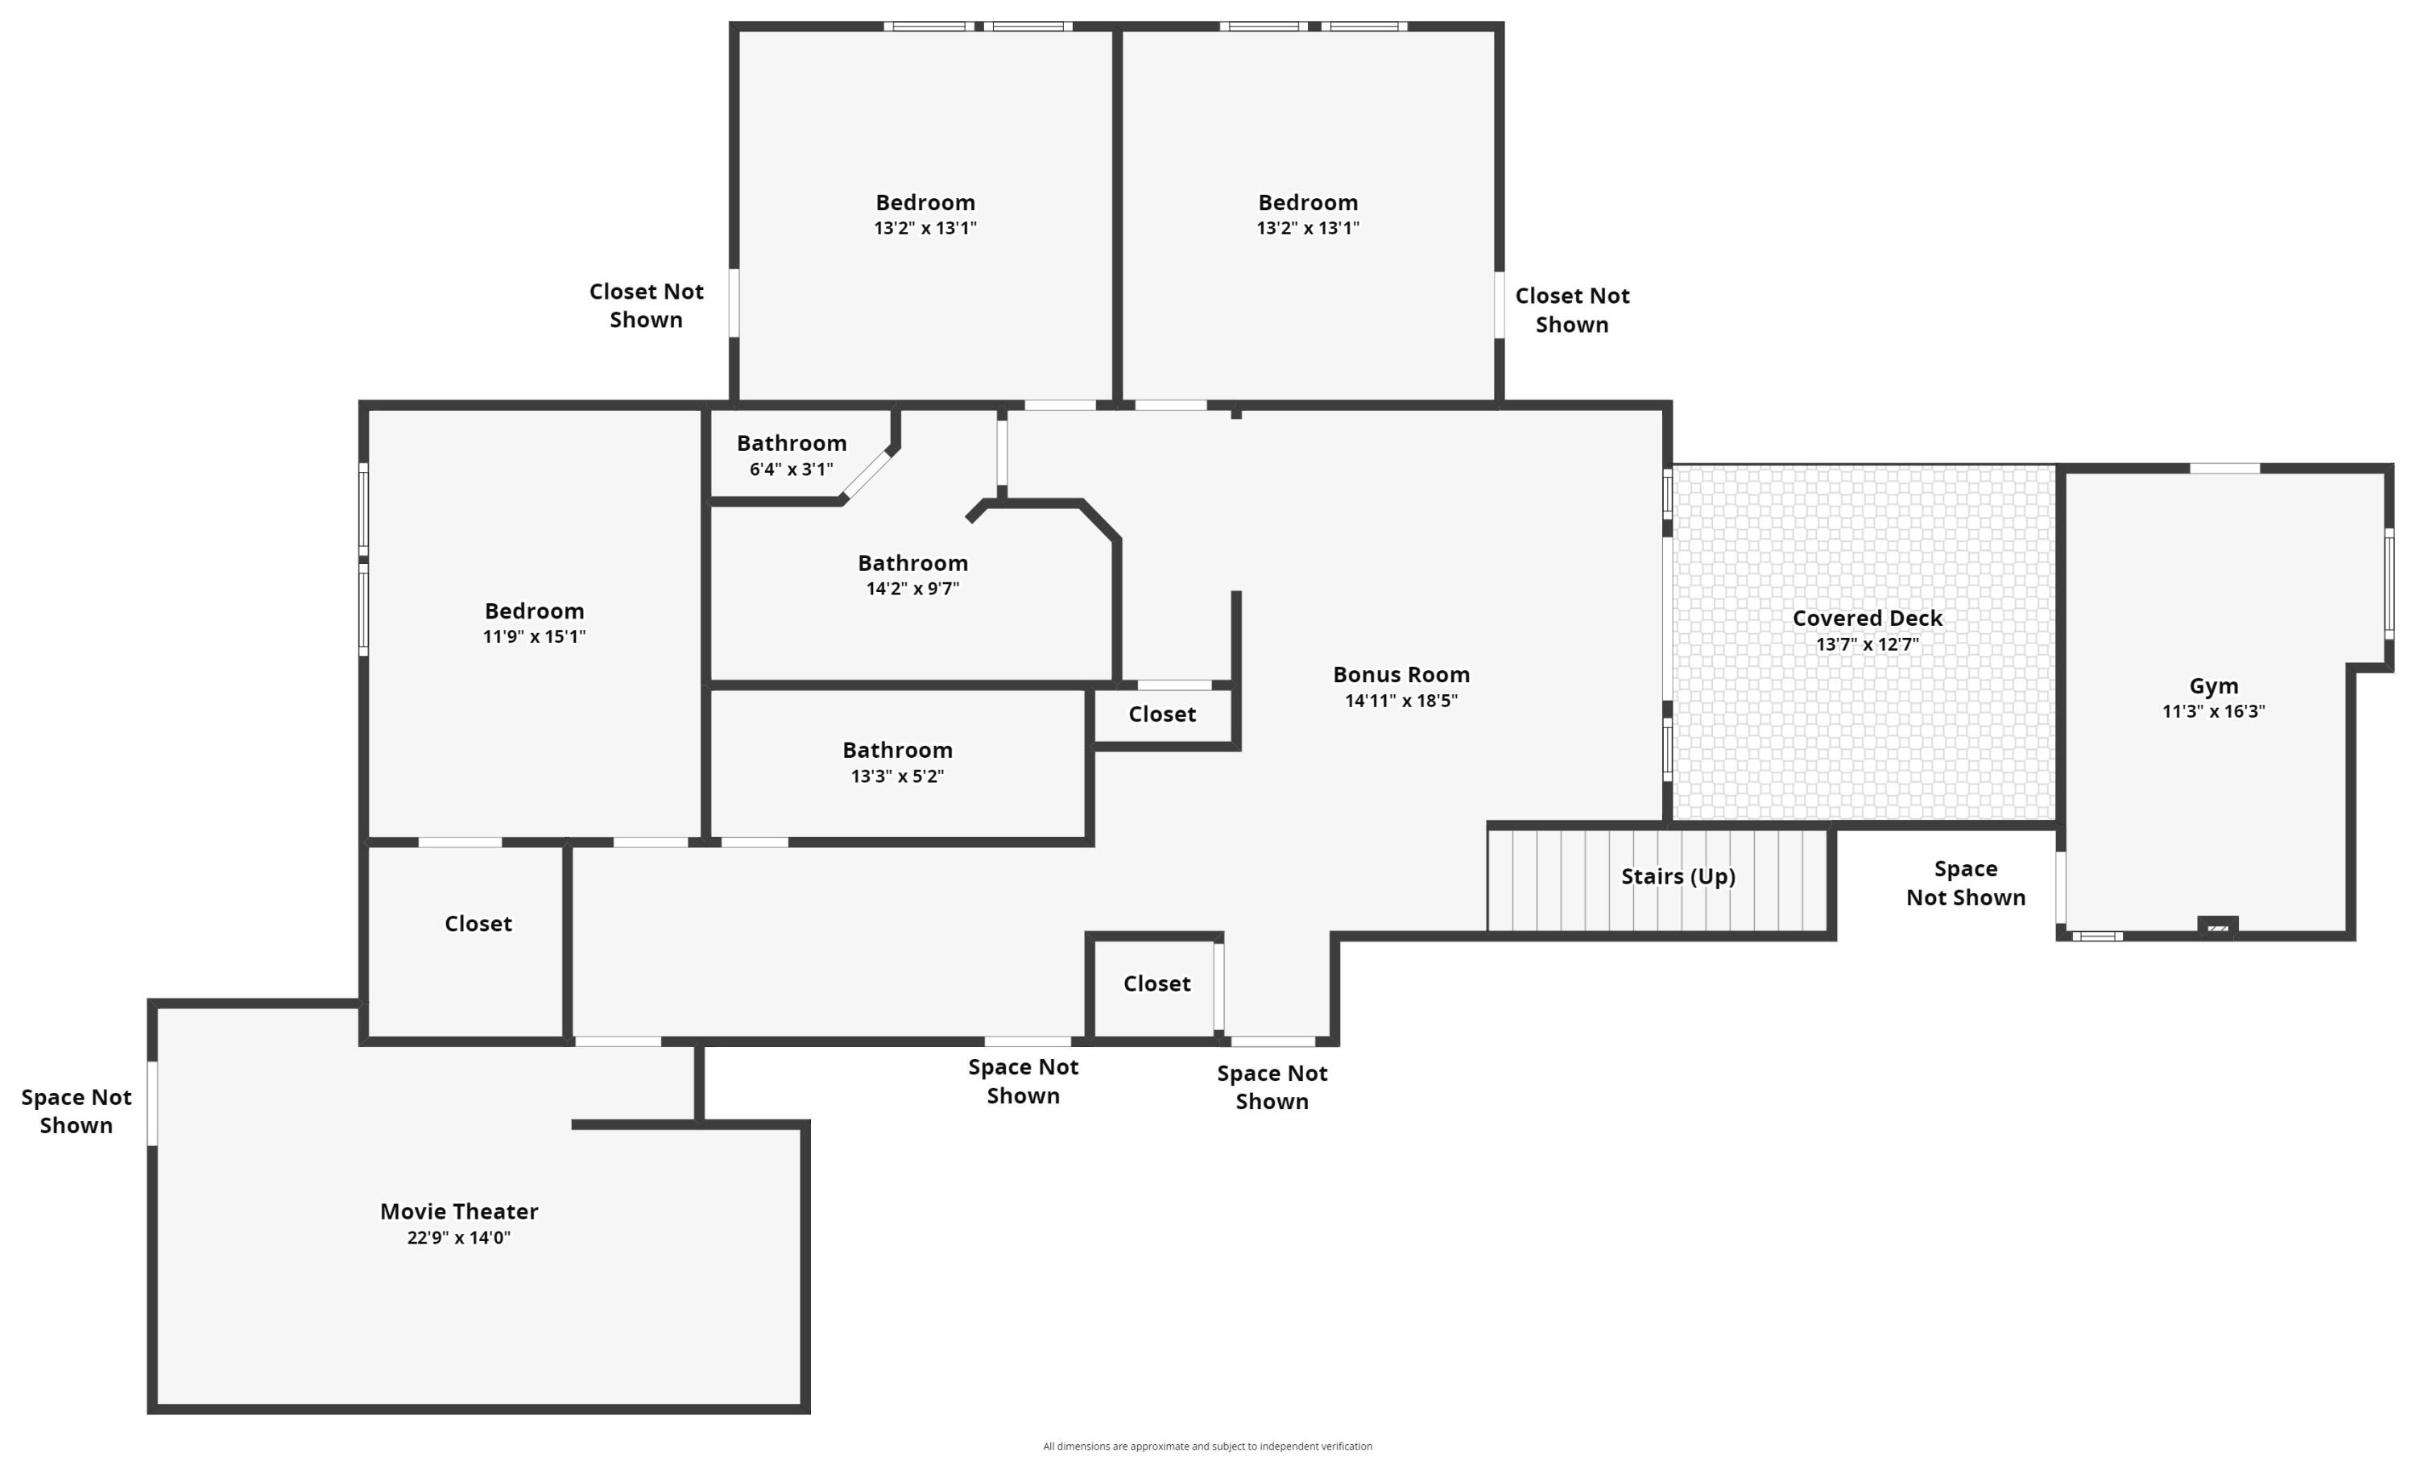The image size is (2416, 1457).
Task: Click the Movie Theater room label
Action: click(459, 1211)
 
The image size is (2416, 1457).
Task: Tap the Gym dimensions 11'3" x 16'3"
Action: click(2213, 712)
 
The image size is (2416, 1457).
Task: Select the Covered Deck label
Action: click(1867, 618)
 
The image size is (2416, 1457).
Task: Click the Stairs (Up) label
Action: click(1678, 875)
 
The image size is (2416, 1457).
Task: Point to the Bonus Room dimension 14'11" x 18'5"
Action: click(1400, 700)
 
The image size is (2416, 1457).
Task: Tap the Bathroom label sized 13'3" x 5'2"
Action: click(897, 750)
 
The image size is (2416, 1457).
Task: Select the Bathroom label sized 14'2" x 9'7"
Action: click(912, 563)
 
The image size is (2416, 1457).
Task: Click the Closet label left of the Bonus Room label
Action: click(1161, 714)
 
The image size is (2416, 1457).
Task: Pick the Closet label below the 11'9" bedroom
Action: click(478, 924)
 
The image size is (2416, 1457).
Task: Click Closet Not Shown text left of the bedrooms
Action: click(646, 305)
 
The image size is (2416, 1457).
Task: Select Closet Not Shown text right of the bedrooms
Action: click(1572, 310)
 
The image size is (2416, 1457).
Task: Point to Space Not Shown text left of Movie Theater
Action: click(77, 1111)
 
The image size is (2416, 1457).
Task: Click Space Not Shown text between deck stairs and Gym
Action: click(1965, 883)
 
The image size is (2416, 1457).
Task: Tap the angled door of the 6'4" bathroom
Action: click(867, 475)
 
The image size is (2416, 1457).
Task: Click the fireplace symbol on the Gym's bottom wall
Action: click(2217, 925)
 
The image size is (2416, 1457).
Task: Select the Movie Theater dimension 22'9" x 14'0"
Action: click(459, 1237)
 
